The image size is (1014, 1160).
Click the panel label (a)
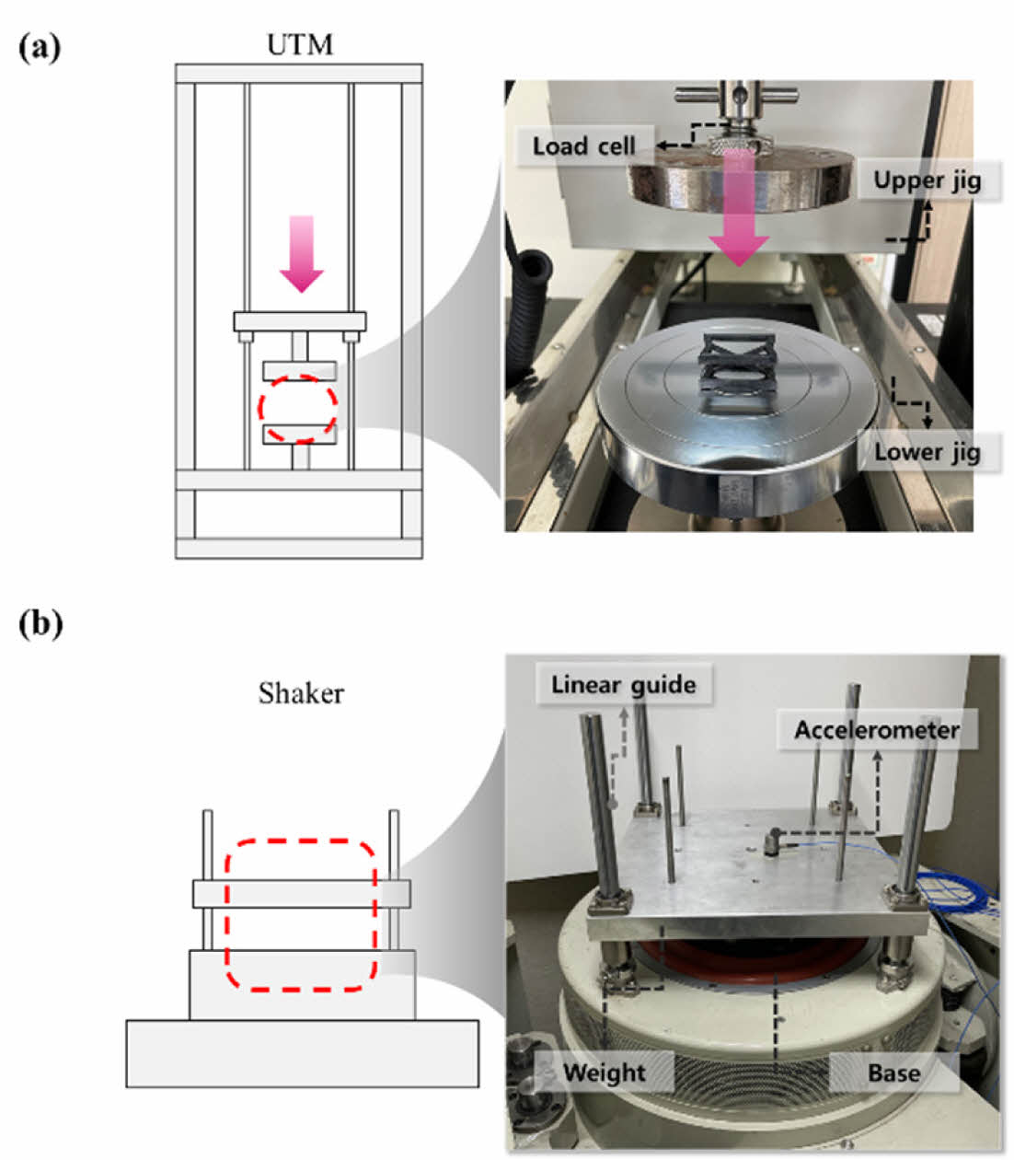tap(40, 47)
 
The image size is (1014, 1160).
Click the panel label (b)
tap(40, 624)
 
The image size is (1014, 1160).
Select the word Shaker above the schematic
tap(301, 692)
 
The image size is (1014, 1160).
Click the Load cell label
tap(583, 145)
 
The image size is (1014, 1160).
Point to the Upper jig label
tap(927, 180)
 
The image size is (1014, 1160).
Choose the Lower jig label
tap(927, 452)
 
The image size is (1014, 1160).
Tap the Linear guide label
tap(623, 684)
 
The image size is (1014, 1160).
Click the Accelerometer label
tap(877, 730)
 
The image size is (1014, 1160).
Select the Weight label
tap(604, 1073)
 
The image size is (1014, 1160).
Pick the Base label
tap(893, 1073)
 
